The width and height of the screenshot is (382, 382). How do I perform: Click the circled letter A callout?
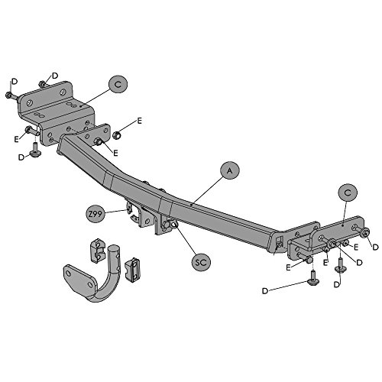(x=230, y=170)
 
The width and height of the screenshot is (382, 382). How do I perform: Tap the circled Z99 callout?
(x=95, y=214)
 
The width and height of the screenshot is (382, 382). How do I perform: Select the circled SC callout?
(x=201, y=261)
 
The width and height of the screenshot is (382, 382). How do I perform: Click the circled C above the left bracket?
(x=118, y=84)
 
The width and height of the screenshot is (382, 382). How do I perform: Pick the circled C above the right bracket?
(x=348, y=193)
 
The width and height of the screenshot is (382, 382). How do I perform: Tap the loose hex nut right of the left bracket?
(x=116, y=135)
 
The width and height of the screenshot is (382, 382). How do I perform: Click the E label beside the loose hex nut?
(x=139, y=121)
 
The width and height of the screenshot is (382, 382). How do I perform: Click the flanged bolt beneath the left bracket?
(x=34, y=151)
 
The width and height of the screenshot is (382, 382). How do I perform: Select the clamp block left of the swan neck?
(x=98, y=251)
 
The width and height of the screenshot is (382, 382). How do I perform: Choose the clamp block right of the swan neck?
(x=132, y=270)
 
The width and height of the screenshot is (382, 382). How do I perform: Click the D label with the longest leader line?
(x=265, y=291)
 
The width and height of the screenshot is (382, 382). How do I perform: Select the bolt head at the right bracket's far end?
(x=365, y=232)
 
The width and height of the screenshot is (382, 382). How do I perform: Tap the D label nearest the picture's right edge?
(x=375, y=247)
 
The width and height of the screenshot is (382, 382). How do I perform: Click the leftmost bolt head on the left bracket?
(x=8, y=95)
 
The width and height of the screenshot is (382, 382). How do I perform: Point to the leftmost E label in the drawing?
(x=17, y=139)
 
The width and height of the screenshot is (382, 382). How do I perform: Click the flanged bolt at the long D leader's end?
(x=312, y=279)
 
